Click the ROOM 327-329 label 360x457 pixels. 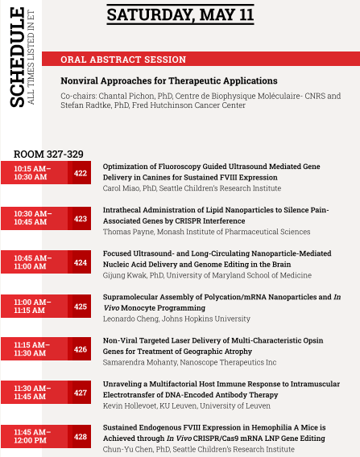48,154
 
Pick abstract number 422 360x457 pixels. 81,173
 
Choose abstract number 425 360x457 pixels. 81,307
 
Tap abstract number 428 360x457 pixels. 81,438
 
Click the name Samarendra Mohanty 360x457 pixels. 139,362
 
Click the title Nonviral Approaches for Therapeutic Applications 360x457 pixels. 168,80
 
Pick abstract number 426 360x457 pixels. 81,350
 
